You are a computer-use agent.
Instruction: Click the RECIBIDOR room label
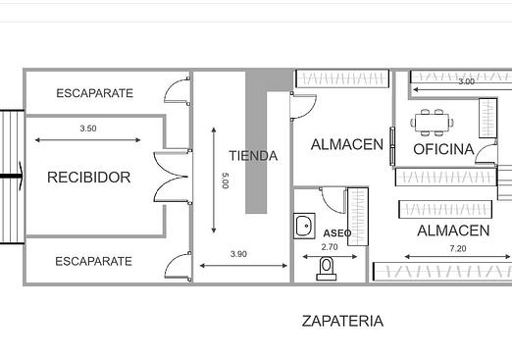coord(89,178)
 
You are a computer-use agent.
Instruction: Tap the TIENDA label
coord(253,156)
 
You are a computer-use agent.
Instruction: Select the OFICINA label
coord(443,149)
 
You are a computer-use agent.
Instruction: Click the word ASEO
coord(337,233)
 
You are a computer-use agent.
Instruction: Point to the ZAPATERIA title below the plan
coord(342,321)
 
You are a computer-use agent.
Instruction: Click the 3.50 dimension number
coord(88,129)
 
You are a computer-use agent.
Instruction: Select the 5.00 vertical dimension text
coord(225,180)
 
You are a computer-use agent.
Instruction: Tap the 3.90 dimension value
coord(238,254)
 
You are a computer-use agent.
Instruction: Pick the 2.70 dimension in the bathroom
coord(330,247)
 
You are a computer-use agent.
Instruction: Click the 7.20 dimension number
coord(458,249)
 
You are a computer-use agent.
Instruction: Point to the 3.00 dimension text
coord(466,81)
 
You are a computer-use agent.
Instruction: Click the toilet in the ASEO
coord(327,269)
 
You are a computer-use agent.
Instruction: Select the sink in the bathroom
coord(304,226)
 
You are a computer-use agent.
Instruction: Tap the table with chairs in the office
coord(433,123)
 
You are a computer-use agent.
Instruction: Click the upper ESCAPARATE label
coord(95,93)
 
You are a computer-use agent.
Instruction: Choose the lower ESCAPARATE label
coord(94,261)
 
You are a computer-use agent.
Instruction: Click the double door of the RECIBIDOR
coord(173,177)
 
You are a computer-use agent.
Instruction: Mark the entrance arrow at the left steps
coord(12,177)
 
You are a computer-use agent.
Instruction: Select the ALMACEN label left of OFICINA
coord(347,144)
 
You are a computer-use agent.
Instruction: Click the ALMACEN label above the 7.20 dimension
coord(453,231)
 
